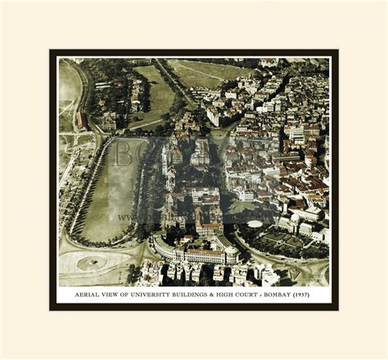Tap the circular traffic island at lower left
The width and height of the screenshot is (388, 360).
click(91, 263)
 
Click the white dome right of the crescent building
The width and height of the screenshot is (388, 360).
click(255, 223)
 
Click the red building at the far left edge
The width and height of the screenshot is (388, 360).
click(82, 121)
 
